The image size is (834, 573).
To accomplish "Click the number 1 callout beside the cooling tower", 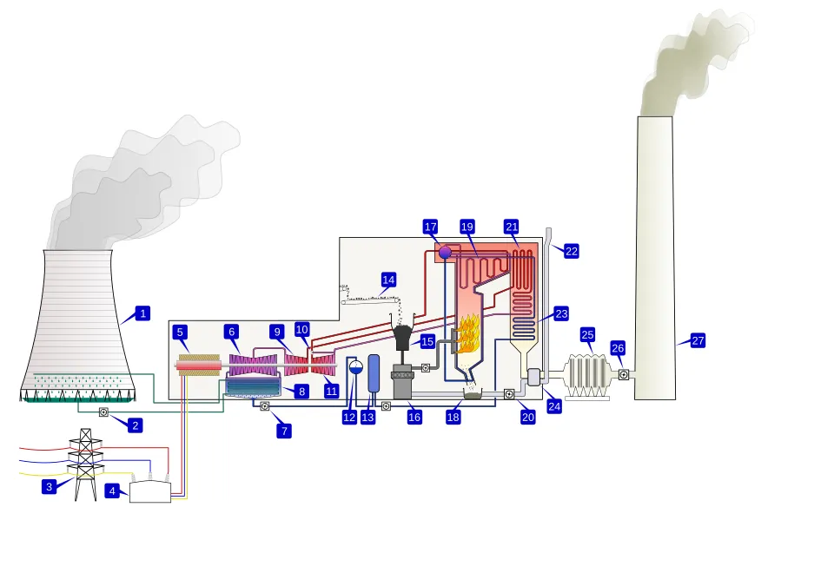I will coord(143,313).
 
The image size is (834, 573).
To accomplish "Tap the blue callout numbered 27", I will coord(698,340).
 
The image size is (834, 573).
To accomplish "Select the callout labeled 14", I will coord(388,280).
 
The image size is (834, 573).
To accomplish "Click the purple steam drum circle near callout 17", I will coord(445,252).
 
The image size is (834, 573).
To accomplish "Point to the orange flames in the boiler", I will coord(469,334).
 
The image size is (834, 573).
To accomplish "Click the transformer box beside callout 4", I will coord(150,492).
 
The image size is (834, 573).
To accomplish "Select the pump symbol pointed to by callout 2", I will coord(103,412).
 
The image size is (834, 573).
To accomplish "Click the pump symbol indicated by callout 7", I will coord(265,406).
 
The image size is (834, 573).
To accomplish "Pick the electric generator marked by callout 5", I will coord(199,366).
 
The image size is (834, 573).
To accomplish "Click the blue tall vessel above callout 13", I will coord(374,373).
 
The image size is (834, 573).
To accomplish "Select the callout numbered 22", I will coord(571,251).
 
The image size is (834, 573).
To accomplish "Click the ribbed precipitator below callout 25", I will coord(587,375).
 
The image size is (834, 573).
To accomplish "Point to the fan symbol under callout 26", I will coord(624,374).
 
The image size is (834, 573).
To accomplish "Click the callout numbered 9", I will coord(277,332).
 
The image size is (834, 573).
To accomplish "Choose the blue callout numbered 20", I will coord(528,417).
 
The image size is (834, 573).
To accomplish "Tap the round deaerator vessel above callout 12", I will coord(354,366).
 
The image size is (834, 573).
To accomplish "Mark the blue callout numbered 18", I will coord(453,417).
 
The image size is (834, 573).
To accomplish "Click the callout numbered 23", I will coord(561,313).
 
